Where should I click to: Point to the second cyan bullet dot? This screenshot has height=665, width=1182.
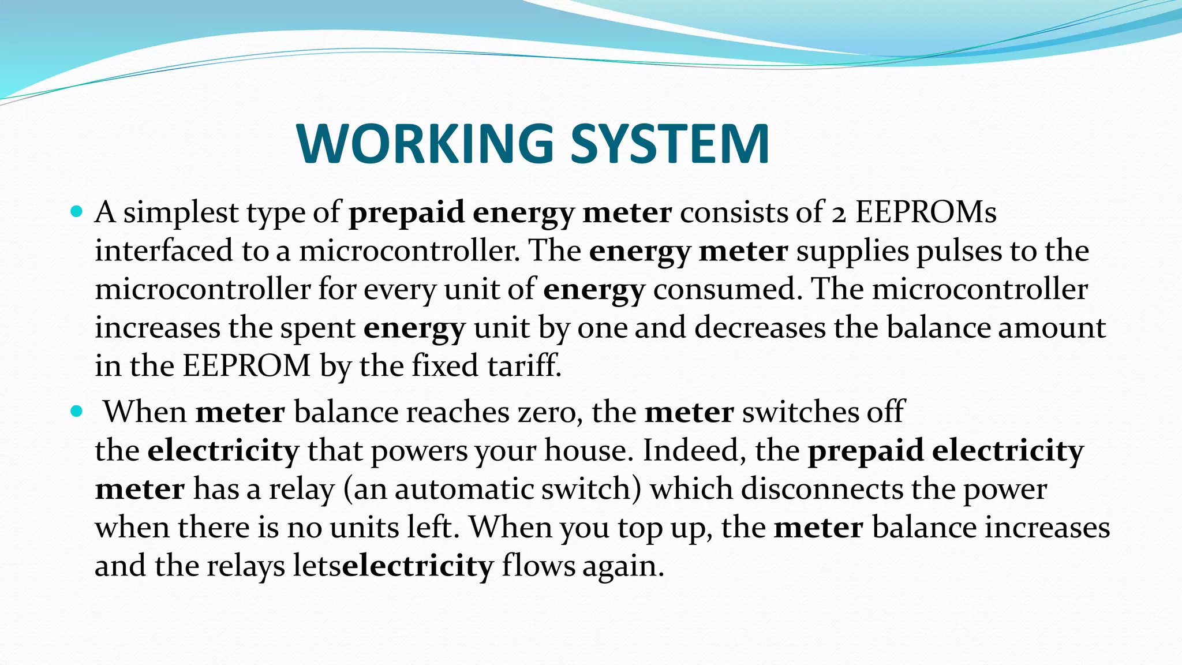pos(76,411)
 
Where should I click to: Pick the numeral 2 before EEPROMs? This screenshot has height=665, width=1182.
pos(839,214)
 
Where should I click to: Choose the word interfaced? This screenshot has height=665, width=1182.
pos(164,251)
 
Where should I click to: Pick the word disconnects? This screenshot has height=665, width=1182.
pos(822,489)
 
